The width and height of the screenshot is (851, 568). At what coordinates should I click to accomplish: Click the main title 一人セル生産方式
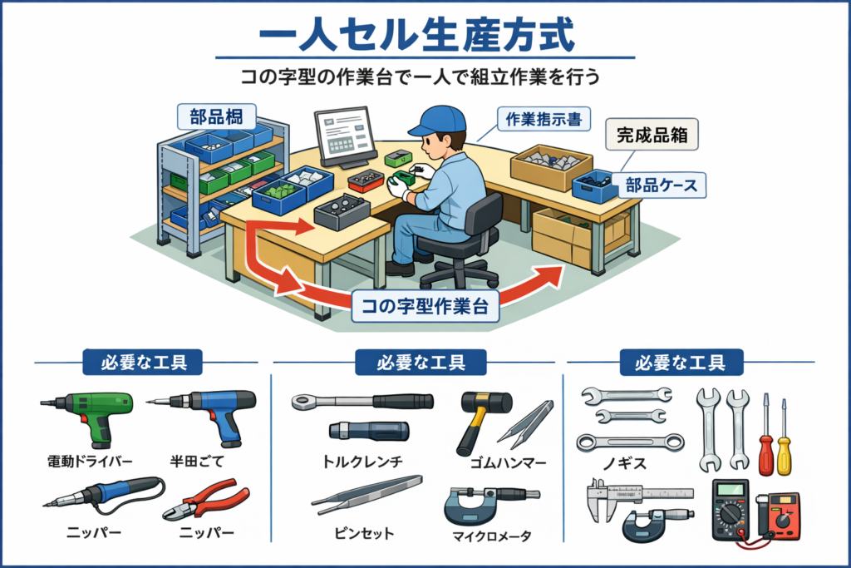click(417, 35)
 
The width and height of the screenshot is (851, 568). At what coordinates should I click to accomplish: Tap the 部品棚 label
click(217, 116)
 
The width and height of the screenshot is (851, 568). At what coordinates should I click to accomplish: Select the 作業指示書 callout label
click(544, 120)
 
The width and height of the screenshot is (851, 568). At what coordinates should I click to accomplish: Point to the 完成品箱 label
click(652, 134)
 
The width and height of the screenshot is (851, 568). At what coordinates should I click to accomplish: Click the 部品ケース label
click(661, 185)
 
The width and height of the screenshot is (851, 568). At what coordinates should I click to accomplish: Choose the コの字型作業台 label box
click(425, 306)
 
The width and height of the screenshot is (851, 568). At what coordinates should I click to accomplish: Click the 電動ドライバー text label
click(90, 462)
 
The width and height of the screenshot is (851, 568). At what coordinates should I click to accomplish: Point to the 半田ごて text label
click(197, 462)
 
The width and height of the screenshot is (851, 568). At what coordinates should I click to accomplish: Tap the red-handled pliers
click(207, 499)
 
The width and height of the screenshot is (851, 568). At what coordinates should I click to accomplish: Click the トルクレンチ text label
click(362, 462)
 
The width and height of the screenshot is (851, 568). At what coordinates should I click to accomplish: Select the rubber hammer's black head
click(486, 402)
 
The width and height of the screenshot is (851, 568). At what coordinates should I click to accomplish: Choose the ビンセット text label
click(364, 533)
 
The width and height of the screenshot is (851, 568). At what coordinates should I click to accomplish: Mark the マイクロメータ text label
click(492, 536)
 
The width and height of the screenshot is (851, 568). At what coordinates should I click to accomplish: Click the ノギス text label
click(625, 463)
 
